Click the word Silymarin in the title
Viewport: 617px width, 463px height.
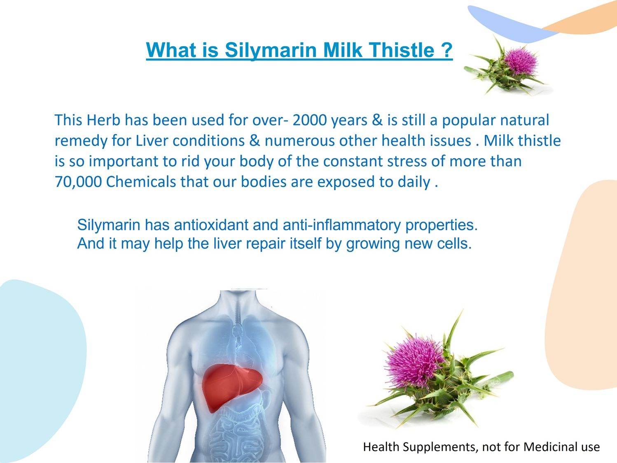[271, 51]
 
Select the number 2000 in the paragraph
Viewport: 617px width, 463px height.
[309, 120]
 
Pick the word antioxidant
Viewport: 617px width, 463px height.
[212, 225]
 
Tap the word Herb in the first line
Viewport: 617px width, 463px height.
[103, 120]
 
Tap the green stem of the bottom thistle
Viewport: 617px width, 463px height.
[496, 378]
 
